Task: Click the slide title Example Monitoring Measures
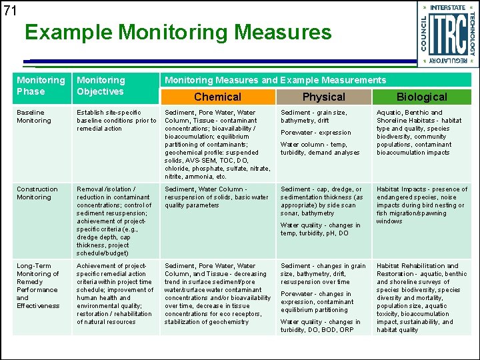[x=178, y=32]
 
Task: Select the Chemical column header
[x=217, y=97]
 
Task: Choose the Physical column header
[x=324, y=97]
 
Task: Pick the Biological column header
[x=422, y=97]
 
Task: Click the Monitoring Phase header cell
[x=41, y=86]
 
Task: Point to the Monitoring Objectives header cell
[x=100, y=86]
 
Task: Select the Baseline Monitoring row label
[x=34, y=117]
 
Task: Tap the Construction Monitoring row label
[x=37, y=193]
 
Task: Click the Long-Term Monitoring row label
[x=38, y=285]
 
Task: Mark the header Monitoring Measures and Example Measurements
[x=275, y=80]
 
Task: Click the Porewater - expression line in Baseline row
[x=316, y=133]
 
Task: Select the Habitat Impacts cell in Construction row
[x=422, y=205]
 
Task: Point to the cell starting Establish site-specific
[x=116, y=121]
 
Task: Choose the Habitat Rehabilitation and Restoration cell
[x=422, y=297]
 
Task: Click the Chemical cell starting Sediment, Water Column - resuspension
[x=217, y=197]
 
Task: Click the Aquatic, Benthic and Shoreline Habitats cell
[x=422, y=133]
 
